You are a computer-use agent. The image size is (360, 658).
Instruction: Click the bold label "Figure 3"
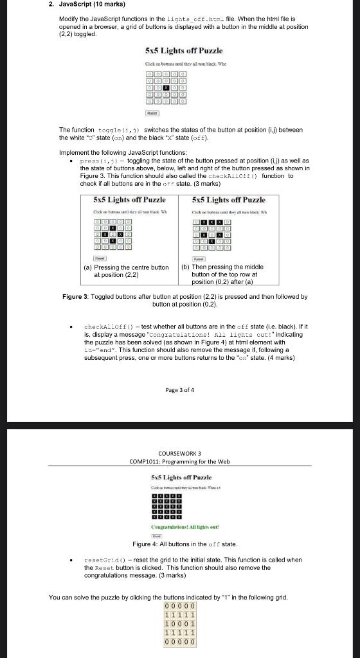(75, 297)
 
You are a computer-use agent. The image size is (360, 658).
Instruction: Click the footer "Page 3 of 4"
(179, 390)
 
